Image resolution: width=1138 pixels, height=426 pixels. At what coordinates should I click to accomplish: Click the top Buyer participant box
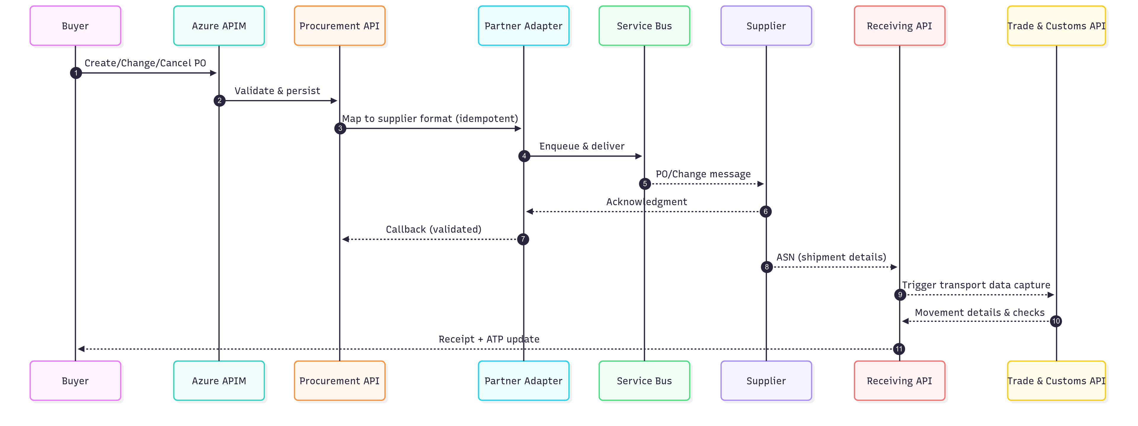75,25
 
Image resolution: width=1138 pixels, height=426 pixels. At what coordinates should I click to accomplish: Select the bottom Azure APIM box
219,380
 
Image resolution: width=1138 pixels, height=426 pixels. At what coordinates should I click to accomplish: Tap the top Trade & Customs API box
1056,25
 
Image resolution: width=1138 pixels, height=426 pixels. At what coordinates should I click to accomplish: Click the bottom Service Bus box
644,380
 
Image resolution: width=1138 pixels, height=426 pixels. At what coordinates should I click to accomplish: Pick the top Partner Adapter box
523,25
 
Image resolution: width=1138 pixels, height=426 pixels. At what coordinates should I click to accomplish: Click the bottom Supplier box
766,380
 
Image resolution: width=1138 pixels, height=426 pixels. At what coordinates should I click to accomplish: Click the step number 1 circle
76,73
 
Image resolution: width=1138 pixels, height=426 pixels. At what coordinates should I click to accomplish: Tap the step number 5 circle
645,184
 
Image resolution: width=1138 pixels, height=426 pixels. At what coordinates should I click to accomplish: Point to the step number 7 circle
523,239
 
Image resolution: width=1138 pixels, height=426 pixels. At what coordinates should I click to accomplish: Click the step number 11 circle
899,349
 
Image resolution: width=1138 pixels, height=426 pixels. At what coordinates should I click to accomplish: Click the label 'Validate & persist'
277,91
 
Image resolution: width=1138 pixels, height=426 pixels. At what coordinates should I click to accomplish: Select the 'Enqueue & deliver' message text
582,146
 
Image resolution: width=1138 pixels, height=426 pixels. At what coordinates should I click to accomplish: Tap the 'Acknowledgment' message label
646,202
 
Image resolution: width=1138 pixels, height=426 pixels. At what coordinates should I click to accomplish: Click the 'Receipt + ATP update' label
489,339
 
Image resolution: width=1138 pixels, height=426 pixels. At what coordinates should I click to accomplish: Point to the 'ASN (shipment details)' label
831,257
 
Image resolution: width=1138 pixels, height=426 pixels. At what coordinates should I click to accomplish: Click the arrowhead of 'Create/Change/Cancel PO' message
213,73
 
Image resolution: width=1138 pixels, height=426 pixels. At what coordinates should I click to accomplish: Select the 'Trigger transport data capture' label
976,285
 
